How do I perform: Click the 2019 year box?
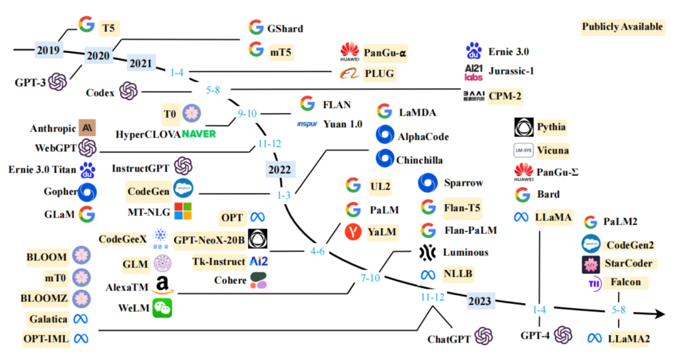[47, 49]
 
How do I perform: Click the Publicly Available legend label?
[622, 26]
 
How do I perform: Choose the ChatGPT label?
[449, 339]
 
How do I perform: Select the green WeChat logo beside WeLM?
[163, 308]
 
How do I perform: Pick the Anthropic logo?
[87, 128]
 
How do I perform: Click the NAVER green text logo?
[199, 134]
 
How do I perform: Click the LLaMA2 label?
[629, 339]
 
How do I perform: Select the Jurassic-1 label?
[511, 71]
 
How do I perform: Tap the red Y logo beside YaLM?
[353, 231]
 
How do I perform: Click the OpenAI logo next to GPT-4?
[562, 335]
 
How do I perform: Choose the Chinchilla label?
[419, 160]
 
